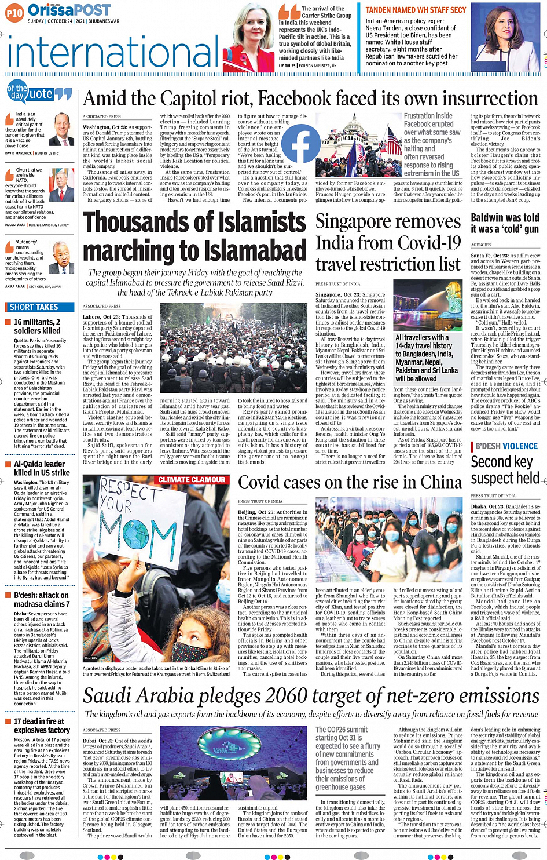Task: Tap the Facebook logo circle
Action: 300,143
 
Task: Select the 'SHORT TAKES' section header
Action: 34,307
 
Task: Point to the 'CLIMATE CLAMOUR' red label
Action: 192,480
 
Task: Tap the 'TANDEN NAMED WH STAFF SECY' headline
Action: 416,10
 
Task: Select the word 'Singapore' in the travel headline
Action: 355,221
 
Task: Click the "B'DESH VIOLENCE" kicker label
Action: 506,446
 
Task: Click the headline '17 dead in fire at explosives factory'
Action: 42,726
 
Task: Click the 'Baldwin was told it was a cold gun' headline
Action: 505,223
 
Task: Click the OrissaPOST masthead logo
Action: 69,10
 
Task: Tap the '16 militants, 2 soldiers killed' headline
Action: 37,326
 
